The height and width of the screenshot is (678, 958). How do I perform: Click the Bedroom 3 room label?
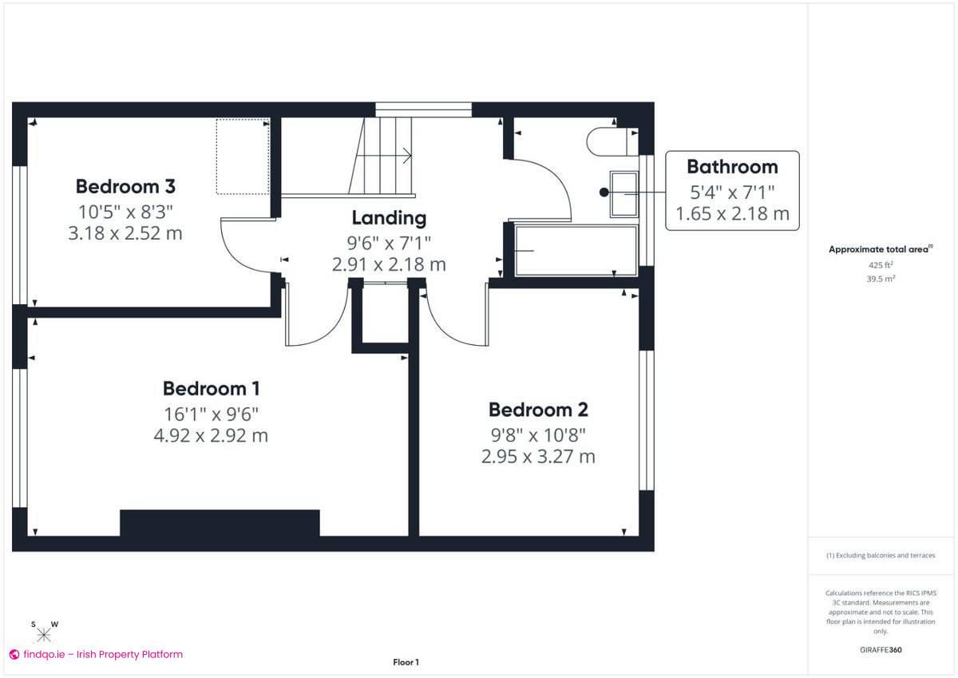click(x=125, y=187)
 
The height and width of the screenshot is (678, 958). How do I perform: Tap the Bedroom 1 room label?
click(x=211, y=389)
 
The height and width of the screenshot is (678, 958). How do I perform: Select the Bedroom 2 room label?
click(x=538, y=410)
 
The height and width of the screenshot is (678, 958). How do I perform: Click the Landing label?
click(x=390, y=218)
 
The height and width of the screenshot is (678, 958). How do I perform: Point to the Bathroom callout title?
click(x=732, y=167)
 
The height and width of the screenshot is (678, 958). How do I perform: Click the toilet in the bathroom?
click(x=612, y=141)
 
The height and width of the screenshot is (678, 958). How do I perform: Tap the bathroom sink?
click(x=623, y=192)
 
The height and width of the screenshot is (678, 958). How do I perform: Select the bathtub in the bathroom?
click(x=576, y=250)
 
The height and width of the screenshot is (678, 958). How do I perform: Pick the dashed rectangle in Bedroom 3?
click(x=243, y=157)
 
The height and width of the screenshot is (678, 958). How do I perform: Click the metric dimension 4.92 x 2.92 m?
click(x=211, y=436)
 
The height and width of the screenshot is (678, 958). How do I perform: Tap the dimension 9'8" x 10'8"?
click(x=538, y=435)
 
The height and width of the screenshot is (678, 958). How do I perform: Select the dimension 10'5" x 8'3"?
click(x=125, y=212)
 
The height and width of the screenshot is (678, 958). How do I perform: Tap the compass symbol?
click(x=44, y=635)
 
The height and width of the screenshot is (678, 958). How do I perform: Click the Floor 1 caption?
click(x=406, y=662)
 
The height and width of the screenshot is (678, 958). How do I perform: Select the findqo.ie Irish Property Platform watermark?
click(x=96, y=654)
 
